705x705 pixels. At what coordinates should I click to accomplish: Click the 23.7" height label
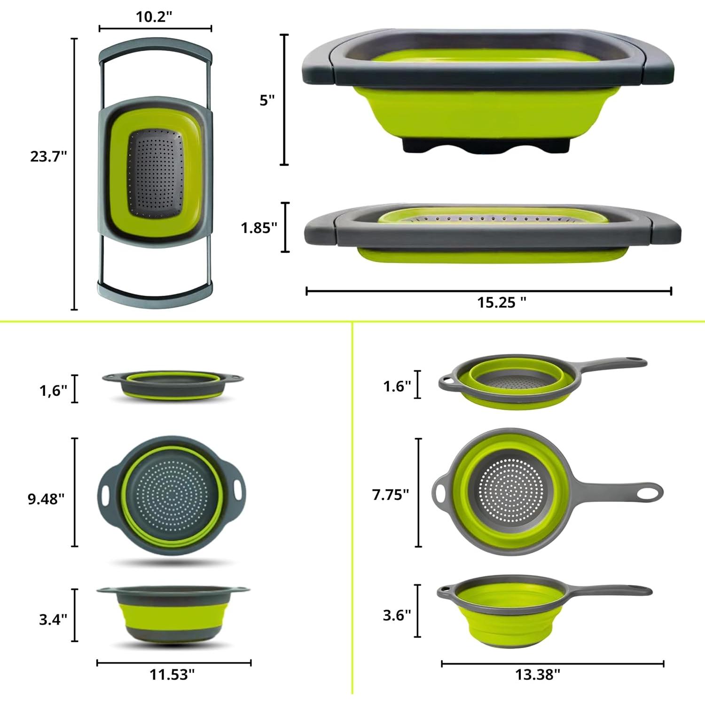tap(49, 156)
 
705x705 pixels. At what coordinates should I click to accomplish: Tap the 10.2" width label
tap(154, 16)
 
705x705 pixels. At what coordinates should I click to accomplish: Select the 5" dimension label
tap(267, 100)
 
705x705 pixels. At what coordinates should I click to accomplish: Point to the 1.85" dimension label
tap(259, 228)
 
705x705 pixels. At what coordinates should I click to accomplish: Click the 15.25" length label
tap(502, 302)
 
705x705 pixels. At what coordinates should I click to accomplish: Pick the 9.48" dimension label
tap(46, 499)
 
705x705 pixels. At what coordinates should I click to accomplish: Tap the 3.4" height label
tap(53, 619)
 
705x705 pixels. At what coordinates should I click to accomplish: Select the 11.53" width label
tap(172, 674)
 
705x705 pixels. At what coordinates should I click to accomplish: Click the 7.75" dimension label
tap(391, 494)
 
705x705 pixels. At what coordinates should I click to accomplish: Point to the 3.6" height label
tap(397, 615)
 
